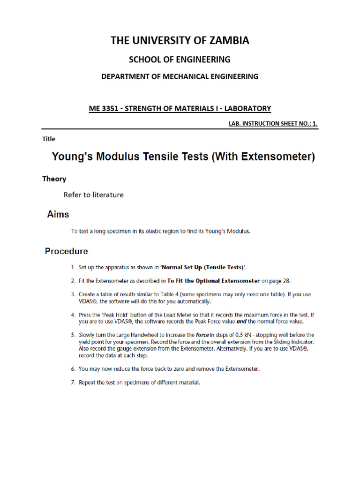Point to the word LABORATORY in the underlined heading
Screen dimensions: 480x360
click(247, 109)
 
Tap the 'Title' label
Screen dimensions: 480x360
click(49, 139)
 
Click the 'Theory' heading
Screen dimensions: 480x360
click(54, 179)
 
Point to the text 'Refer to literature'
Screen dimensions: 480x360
click(94, 195)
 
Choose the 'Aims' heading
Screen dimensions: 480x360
click(58, 214)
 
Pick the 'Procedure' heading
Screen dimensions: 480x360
click(66, 251)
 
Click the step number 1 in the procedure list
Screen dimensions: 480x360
click(73, 267)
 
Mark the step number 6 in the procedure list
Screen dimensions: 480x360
click(73, 369)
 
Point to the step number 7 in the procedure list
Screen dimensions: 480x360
click(73, 382)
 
